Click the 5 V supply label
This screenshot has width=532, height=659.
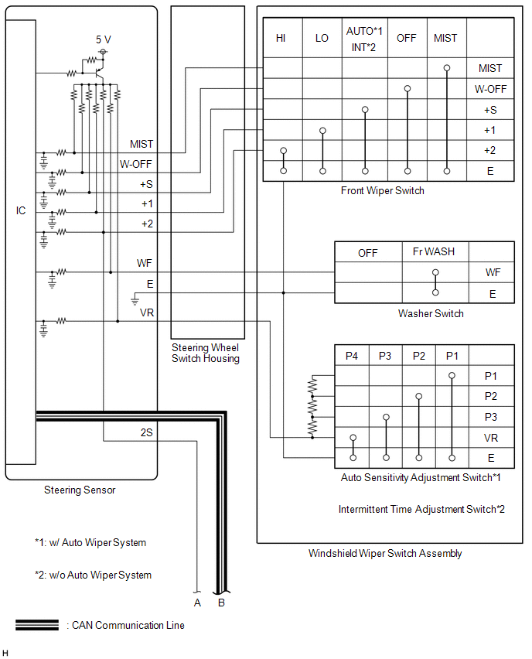pos(103,39)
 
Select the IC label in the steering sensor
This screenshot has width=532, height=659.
pos(21,210)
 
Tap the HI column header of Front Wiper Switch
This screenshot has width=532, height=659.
pos(281,38)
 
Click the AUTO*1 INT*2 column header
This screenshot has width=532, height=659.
pos(363,38)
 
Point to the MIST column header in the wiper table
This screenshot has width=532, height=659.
pos(445,38)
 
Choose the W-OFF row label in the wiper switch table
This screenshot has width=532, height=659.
pos(490,89)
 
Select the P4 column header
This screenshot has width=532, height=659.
pos(352,356)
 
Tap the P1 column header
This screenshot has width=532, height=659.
pos(452,356)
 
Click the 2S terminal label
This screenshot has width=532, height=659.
pos(147,433)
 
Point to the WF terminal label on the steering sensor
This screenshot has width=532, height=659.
pos(145,264)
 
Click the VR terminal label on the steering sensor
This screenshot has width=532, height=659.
pos(146,312)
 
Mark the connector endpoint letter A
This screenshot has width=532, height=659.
pos(198,603)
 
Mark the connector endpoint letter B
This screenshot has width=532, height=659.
pos(221,603)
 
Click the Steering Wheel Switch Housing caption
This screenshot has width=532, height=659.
pos(205,353)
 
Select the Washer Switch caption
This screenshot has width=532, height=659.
pos(431,313)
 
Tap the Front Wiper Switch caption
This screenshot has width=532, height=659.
pos(382,190)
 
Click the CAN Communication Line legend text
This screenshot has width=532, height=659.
pos(128,625)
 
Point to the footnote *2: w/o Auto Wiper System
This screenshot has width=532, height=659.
pos(93,575)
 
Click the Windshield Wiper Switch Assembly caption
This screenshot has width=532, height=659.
pos(385,553)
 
